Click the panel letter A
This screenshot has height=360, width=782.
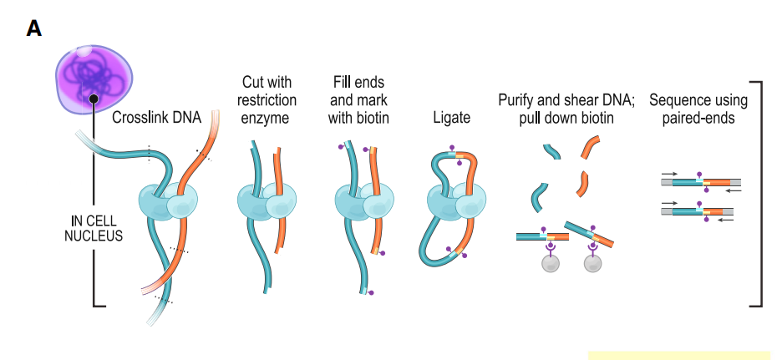click(x=34, y=29)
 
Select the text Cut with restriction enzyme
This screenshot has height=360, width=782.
click(x=265, y=100)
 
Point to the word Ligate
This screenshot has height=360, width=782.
click(x=452, y=118)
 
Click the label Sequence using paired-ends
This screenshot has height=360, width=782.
click(x=698, y=109)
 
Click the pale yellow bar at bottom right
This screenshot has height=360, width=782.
click(x=678, y=355)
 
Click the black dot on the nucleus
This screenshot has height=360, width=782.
click(x=94, y=99)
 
